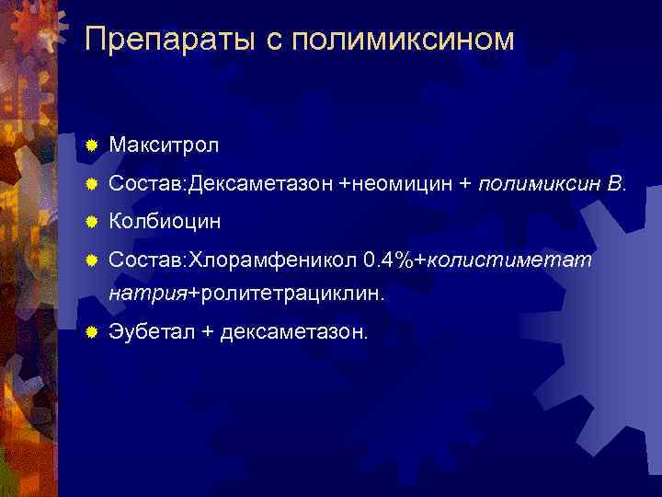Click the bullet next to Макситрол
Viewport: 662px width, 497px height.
coord(90,145)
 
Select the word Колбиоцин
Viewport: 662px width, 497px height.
coord(165,222)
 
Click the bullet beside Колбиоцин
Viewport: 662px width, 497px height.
coord(90,222)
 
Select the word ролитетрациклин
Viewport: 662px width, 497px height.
coord(291,294)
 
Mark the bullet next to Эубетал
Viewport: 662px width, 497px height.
coord(90,332)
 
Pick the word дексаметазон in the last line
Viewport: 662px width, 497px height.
coord(293,332)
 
